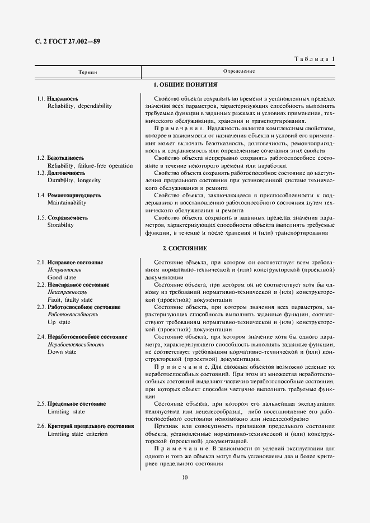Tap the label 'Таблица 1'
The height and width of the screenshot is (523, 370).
pyautogui.click(x=314, y=59)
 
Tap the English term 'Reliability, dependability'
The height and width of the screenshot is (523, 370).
pyautogui.click(x=79, y=106)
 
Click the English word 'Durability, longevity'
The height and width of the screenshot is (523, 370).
pyautogui.click(x=74, y=180)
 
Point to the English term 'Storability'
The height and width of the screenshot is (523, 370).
pyautogui.click(x=60, y=225)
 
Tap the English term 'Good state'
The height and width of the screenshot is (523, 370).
pyautogui.click(x=62, y=277)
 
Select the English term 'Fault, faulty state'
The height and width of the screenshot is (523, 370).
pyautogui.click(x=71, y=299)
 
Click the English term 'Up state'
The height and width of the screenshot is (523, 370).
pyautogui.click(x=59, y=322)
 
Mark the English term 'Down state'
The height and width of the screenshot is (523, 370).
pyautogui.click(x=62, y=352)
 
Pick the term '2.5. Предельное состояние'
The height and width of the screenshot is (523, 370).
pyautogui.click(x=71, y=404)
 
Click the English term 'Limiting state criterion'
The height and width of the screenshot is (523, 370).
pyautogui.click(x=77, y=434)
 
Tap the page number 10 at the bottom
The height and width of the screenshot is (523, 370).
pyautogui.click(x=185, y=477)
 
